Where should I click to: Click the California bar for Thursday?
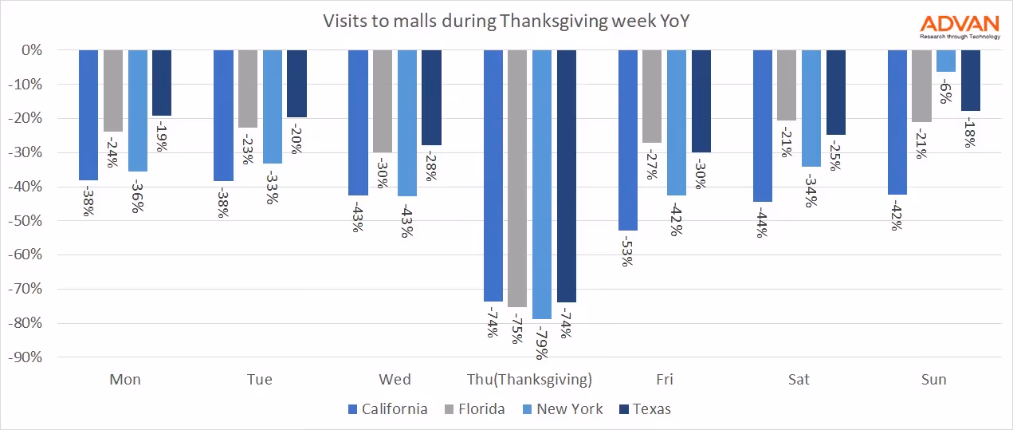[493, 176]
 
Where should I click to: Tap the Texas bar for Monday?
[162, 83]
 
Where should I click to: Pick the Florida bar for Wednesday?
[383, 101]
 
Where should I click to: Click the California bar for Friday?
[627, 140]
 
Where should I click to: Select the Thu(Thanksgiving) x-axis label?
[529, 380]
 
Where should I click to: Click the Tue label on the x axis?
[260, 380]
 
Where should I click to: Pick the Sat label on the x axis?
[799, 380]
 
